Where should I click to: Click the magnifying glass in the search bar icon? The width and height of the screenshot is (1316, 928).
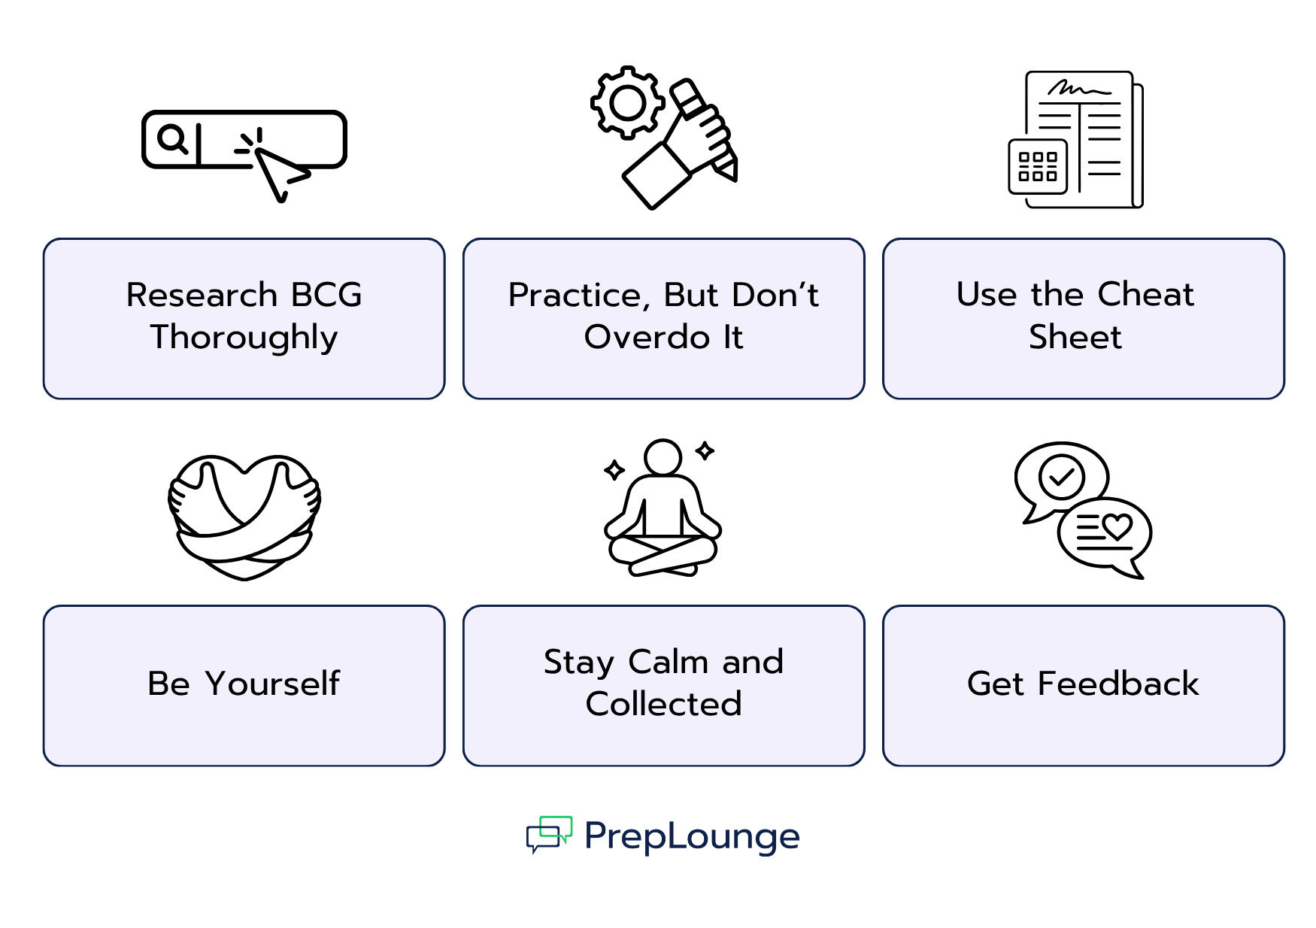coord(172,139)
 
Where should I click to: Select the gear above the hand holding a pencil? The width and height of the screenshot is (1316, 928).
coord(628,103)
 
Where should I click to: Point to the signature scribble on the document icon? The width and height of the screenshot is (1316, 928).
coord(1078,89)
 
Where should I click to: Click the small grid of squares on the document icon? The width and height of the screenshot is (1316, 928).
coord(1037,167)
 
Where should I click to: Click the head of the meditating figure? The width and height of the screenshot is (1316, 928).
coord(663,457)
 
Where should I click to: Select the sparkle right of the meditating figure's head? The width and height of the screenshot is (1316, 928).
coord(705,450)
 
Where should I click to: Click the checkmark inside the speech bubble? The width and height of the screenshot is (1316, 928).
coord(1061,476)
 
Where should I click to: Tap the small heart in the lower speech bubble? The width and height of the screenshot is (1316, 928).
coord(1117,526)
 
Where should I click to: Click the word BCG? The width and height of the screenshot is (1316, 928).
coord(326,295)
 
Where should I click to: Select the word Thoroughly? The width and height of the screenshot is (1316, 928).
coord(244,338)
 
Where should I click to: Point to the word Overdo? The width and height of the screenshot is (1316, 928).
coord(647,338)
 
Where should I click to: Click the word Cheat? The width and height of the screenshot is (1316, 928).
coord(1145,294)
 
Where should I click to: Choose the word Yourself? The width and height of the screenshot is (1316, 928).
coord(272,684)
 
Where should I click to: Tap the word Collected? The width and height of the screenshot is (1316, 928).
coord(663,705)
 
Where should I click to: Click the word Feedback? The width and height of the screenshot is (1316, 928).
coord(1118,684)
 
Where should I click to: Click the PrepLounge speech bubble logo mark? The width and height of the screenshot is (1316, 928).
coord(549,835)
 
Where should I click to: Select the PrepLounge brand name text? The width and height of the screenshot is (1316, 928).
coord(692,836)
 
